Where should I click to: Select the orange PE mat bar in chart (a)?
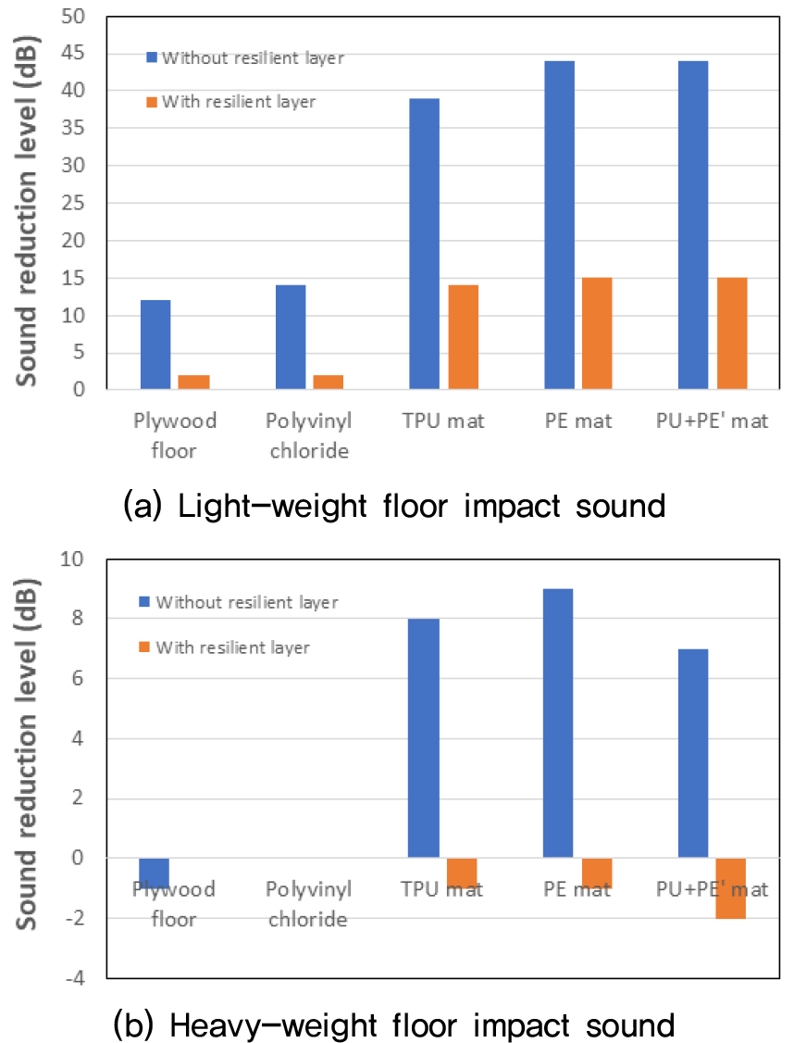(597, 333)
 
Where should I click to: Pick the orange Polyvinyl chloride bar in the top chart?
(329, 382)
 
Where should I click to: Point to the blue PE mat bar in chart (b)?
(558, 723)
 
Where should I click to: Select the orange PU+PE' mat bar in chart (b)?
(731, 888)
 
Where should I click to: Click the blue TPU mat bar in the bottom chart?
(424, 738)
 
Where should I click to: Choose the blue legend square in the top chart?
(153, 57)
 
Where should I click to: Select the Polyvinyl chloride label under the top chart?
(310, 435)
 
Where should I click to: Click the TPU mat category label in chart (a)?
(442, 421)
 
